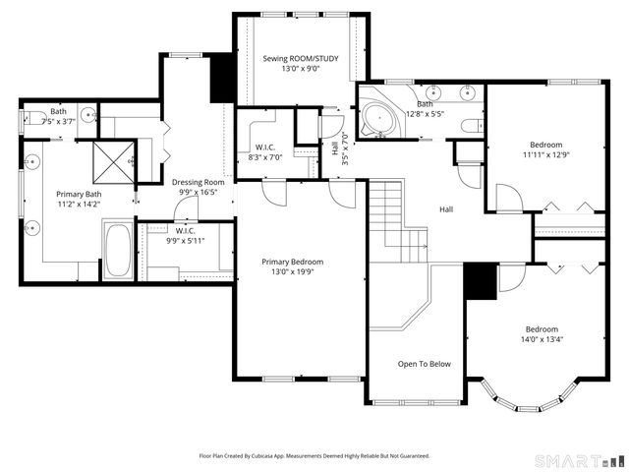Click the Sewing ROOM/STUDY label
coord(301,59)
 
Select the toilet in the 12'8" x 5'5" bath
coord(472,125)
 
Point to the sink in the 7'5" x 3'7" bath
coord(89,115)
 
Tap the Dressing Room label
coord(199,182)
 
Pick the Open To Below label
coord(425,364)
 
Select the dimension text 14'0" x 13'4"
coord(542,340)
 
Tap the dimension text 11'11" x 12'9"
coord(546,154)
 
